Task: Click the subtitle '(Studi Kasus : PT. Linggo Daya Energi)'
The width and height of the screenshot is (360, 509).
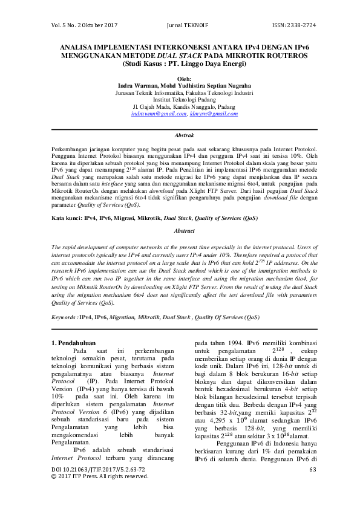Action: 180,63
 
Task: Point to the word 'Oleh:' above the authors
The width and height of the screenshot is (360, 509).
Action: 180,79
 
